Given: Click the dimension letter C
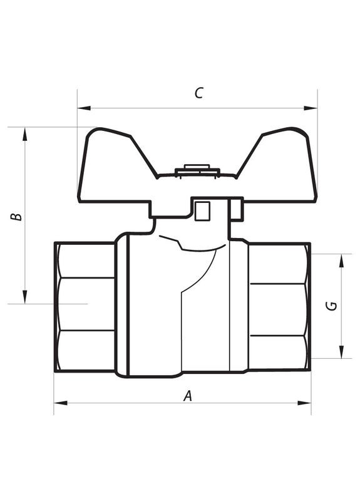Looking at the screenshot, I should [x=198, y=93].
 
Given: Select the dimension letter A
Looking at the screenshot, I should [x=187, y=395].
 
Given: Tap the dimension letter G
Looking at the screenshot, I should [x=332, y=306].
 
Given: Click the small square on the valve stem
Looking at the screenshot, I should [x=202, y=212].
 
